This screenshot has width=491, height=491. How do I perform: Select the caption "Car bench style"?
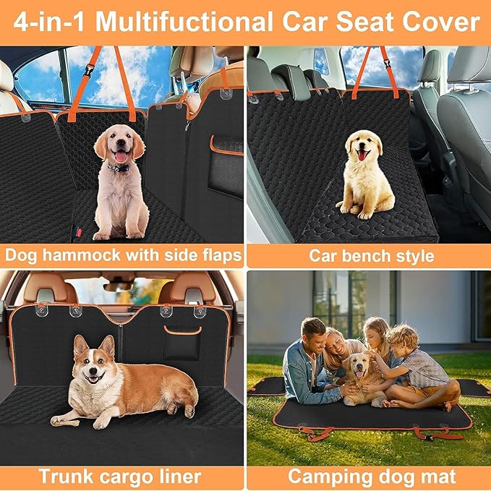[369, 256]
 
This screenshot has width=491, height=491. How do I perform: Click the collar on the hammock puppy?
[118, 167]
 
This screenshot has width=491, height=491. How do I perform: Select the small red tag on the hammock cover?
[80, 234]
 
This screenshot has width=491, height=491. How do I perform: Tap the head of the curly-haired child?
[402, 338]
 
